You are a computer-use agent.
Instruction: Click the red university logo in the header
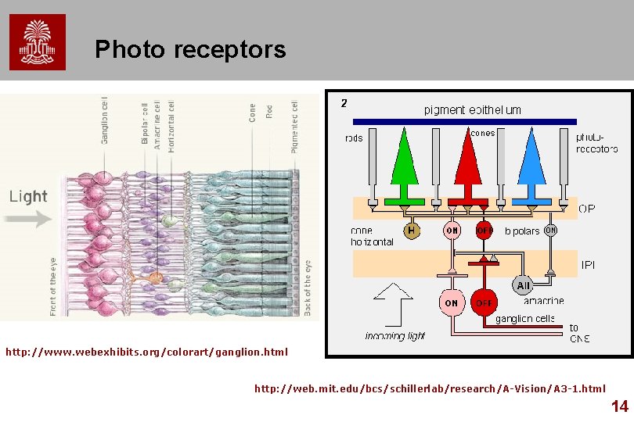pyautogui.click(x=38, y=42)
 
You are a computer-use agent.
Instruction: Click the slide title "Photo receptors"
pyautogui.click(x=190, y=50)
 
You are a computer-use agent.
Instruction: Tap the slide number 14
pyautogui.click(x=619, y=406)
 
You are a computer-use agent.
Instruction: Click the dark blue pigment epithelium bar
pyautogui.click(x=464, y=122)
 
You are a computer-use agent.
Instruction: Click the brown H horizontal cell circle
pyautogui.click(x=411, y=231)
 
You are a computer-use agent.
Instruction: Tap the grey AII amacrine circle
pyautogui.click(x=523, y=285)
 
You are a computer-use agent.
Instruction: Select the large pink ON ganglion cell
pyautogui.click(x=452, y=303)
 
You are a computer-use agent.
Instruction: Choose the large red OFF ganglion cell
pyautogui.click(x=485, y=303)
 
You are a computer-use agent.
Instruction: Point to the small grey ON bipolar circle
pyautogui.click(x=550, y=230)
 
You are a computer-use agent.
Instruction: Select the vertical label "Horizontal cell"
pyautogui.click(x=171, y=125)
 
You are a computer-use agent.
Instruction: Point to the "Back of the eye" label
pyautogui.click(x=308, y=288)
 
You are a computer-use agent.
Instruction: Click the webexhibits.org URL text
pyautogui.click(x=146, y=352)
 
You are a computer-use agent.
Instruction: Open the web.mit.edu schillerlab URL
pyautogui.click(x=430, y=388)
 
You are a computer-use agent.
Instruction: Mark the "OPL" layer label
pyautogui.click(x=586, y=209)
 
